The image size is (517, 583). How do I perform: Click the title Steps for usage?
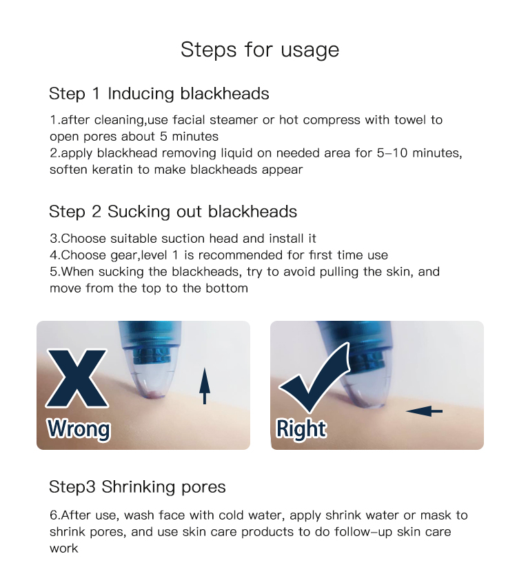click(259, 50)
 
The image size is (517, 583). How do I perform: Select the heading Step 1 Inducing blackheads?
click(159, 93)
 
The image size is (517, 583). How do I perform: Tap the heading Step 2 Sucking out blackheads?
click(173, 212)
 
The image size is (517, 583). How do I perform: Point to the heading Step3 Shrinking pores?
click(137, 486)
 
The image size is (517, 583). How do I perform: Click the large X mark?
click(77, 379)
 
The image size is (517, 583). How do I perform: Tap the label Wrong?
click(79, 429)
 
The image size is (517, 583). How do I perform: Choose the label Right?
click(301, 429)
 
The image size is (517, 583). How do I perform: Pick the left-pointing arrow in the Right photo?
click(424, 411)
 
